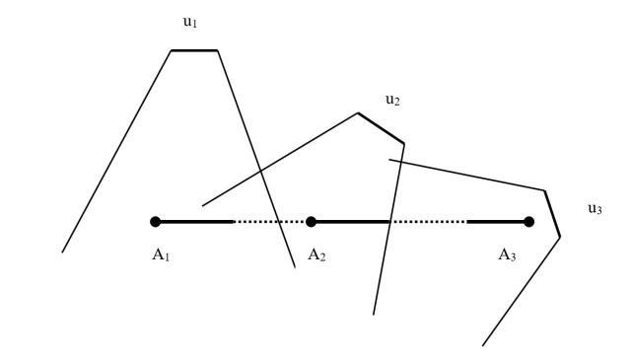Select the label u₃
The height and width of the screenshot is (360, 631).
(x=594, y=209)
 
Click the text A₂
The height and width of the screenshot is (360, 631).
(x=316, y=254)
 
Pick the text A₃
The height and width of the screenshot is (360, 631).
(x=507, y=254)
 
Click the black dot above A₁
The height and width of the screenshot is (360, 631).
(x=155, y=222)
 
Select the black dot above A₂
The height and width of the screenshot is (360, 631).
(x=311, y=222)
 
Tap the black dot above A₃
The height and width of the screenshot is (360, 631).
(x=529, y=222)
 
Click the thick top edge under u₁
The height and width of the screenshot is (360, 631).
(x=194, y=49)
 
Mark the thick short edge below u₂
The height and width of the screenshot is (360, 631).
(x=381, y=128)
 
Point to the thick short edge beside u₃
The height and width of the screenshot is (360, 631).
(x=552, y=213)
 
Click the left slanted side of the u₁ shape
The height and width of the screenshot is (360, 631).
(x=116, y=150)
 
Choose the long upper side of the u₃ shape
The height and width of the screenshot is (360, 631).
(x=467, y=175)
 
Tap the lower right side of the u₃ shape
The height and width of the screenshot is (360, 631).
(x=521, y=292)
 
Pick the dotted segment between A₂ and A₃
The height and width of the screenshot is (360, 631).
(x=429, y=222)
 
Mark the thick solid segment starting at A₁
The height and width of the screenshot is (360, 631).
(x=194, y=222)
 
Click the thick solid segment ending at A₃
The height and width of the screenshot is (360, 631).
(x=498, y=222)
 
